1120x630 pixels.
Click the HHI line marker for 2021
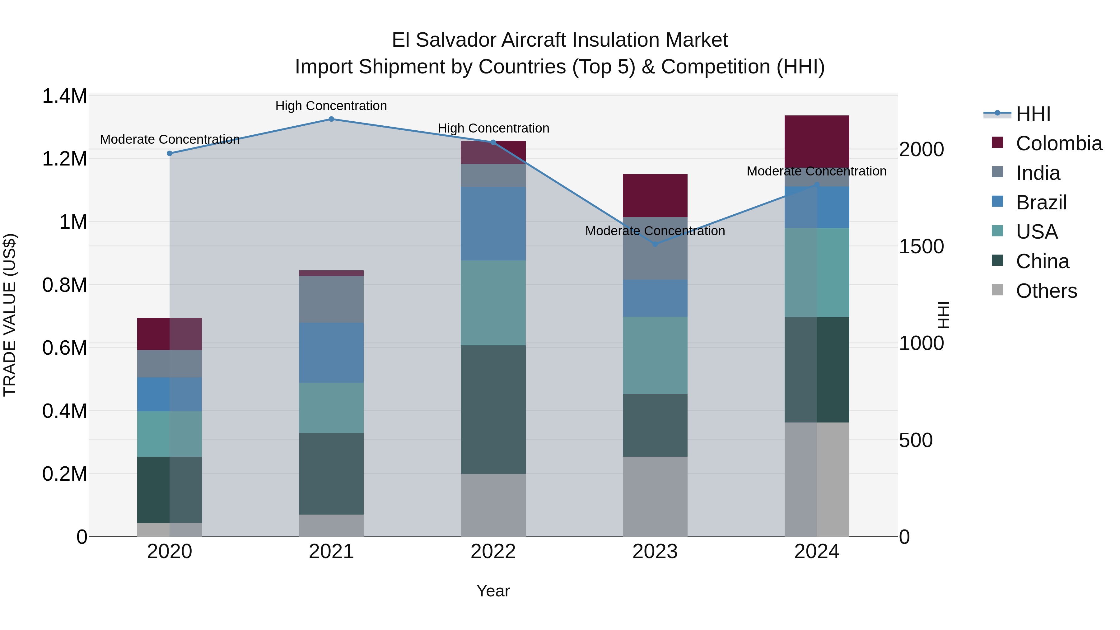331,119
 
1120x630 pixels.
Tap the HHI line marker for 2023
655,244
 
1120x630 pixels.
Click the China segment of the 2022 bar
493,409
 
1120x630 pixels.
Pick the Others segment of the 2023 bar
655,497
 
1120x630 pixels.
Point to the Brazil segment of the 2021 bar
331,352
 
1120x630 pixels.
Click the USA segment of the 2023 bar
655,355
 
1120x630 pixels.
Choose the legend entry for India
1038,173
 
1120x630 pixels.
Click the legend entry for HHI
1033,114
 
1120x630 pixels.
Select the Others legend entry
1046,291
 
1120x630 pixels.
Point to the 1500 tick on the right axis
921,246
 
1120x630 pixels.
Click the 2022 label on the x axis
493,552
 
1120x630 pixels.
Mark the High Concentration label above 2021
331,106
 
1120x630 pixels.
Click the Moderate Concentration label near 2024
817,171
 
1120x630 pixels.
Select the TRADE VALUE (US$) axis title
10,315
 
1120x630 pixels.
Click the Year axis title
493,591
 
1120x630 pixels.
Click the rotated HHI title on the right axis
943,315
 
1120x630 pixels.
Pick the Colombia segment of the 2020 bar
170,334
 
